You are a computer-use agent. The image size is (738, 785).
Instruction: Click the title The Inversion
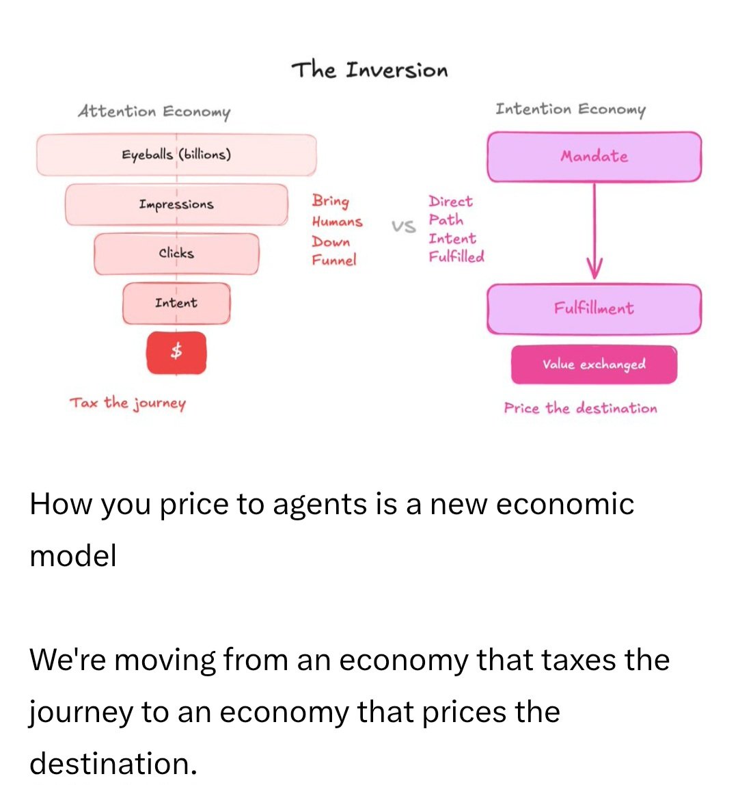[369, 70]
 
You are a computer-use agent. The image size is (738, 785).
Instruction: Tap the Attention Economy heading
[154, 111]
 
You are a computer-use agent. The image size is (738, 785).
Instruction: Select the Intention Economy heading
[571, 109]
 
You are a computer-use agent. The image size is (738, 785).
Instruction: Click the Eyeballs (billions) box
[176, 155]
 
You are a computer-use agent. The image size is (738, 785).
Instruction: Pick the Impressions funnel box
[176, 204]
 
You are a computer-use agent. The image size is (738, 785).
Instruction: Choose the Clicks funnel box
[176, 253]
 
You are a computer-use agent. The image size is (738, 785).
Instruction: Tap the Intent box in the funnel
[176, 303]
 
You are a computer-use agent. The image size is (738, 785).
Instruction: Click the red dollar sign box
[176, 352]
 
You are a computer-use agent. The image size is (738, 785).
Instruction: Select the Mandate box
[594, 157]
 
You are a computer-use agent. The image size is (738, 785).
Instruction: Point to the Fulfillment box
[594, 309]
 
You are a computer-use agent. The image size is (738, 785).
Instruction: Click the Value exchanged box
[594, 364]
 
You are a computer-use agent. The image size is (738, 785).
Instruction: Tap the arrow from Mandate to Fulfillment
[594, 230]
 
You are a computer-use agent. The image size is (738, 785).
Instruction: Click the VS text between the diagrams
[404, 227]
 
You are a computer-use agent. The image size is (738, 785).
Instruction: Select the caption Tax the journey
[128, 403]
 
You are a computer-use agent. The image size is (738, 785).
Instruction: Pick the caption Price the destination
[580, 408]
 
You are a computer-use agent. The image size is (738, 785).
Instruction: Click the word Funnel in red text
[333, 260]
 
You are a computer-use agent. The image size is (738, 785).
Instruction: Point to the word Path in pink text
[446, 219]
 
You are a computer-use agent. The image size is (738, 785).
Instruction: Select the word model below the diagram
[73, 556]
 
